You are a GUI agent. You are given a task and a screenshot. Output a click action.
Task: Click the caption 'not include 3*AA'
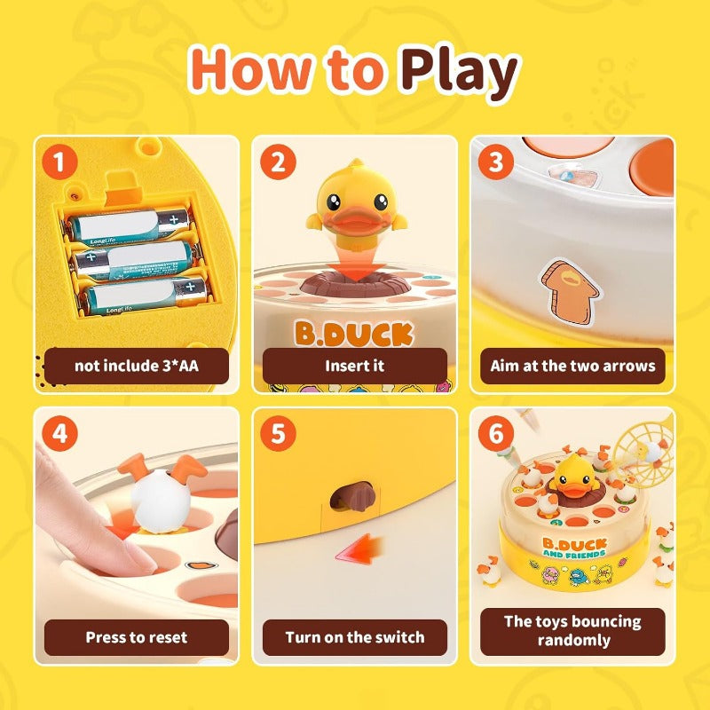click(137, 365)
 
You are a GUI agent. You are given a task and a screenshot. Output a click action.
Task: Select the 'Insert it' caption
click(354, 365)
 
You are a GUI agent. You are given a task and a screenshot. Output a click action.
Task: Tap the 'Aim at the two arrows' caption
click(572, 365)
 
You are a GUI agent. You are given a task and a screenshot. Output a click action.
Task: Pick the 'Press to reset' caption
click(137, 636)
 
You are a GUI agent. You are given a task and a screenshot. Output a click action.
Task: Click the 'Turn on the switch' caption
click(354, 636)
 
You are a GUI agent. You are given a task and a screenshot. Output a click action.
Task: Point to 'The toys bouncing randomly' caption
click(572, 630)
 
